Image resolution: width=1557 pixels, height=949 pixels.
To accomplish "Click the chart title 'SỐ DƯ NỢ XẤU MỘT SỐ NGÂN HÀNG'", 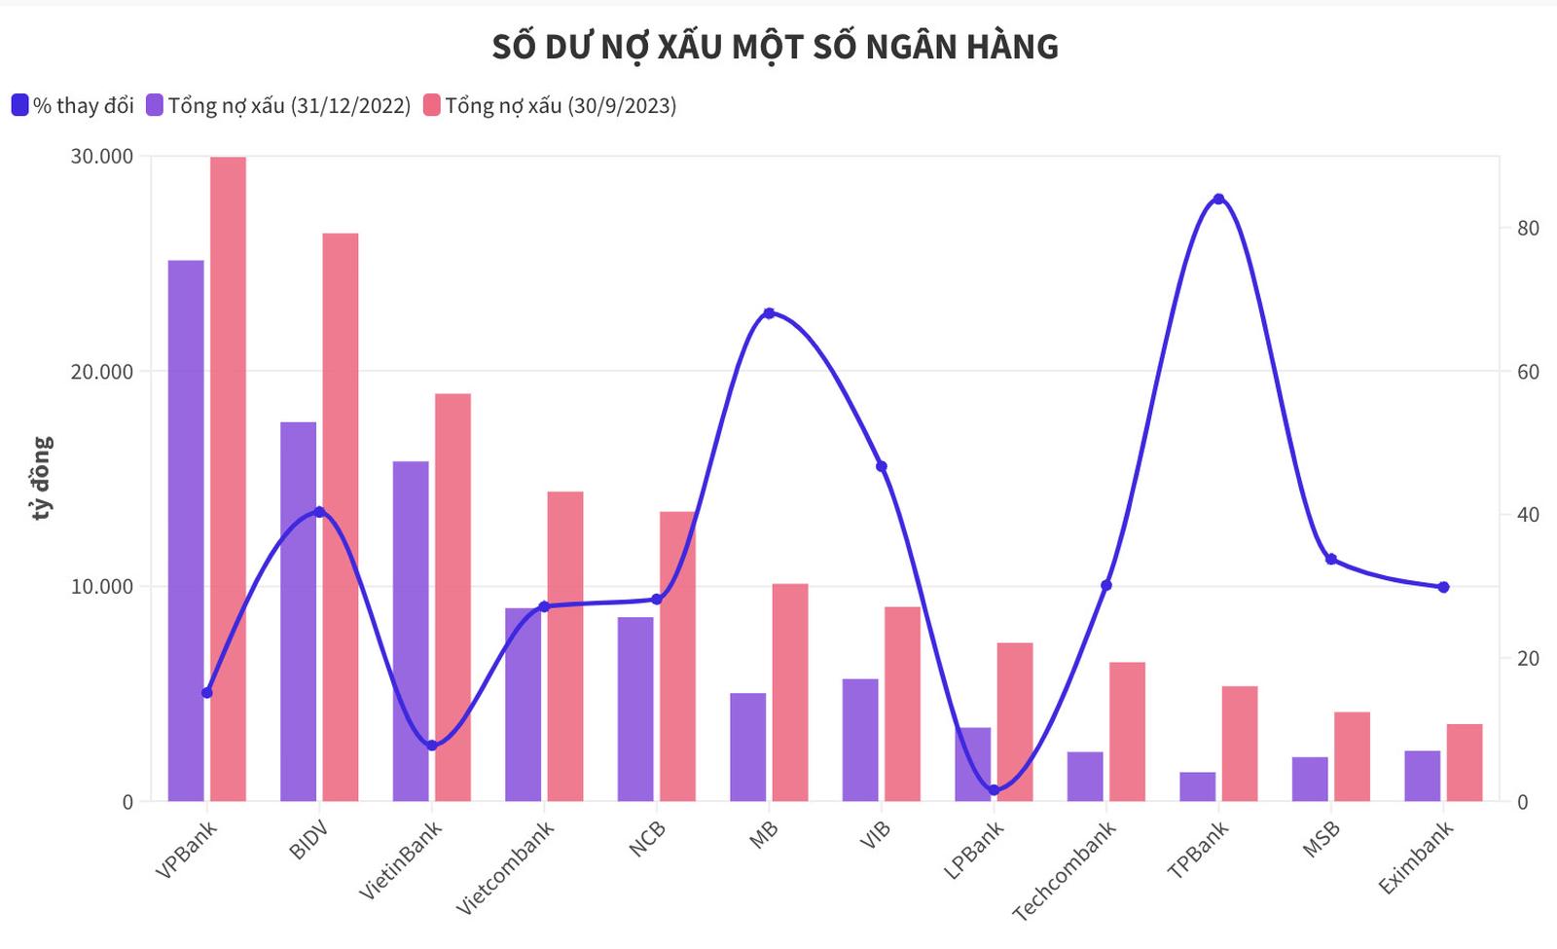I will click(775, 47).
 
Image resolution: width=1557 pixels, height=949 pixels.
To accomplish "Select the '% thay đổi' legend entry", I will click(73, 105).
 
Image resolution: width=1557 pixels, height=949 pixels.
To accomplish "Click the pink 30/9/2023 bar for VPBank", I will click(228, 477).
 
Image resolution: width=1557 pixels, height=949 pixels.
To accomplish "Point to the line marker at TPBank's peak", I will click(1218, 200).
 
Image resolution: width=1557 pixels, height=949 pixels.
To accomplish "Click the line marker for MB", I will click(769, 313).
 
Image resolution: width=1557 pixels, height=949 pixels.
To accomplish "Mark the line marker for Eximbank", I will click(1443, 587).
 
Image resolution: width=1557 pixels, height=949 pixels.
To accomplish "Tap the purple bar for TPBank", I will click(1197, 786).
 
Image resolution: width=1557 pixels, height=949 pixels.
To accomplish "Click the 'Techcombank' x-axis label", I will click(1065, 870).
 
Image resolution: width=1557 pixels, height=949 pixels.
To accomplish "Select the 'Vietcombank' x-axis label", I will click(506, 866).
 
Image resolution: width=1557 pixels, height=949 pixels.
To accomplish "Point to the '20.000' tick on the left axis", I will click(102, 372).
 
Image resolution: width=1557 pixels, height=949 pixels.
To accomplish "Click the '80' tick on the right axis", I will click(1528, 228).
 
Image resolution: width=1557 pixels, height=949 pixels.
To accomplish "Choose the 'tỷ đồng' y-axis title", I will click(41, 477).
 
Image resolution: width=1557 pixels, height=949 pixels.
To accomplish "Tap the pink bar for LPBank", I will click(1015, 721).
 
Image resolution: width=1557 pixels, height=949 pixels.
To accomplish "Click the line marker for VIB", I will click(882, 466).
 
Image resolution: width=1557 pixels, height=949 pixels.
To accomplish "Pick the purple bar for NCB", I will click(635, 709).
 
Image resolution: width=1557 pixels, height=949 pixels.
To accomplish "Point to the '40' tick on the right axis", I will click(1528, 515).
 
